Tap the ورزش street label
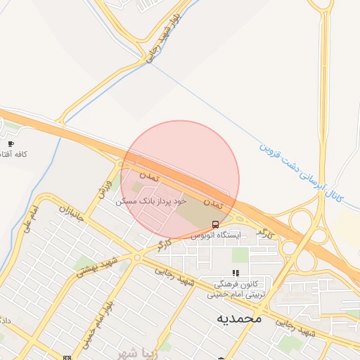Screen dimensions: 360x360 (x=105, y=188)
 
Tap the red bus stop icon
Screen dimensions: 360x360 (x=214, y=224)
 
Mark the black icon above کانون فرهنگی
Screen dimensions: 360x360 (x=236, y=273)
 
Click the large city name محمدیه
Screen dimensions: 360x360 (x=238, y=319)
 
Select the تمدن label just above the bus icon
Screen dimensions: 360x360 (x=219, y=202)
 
